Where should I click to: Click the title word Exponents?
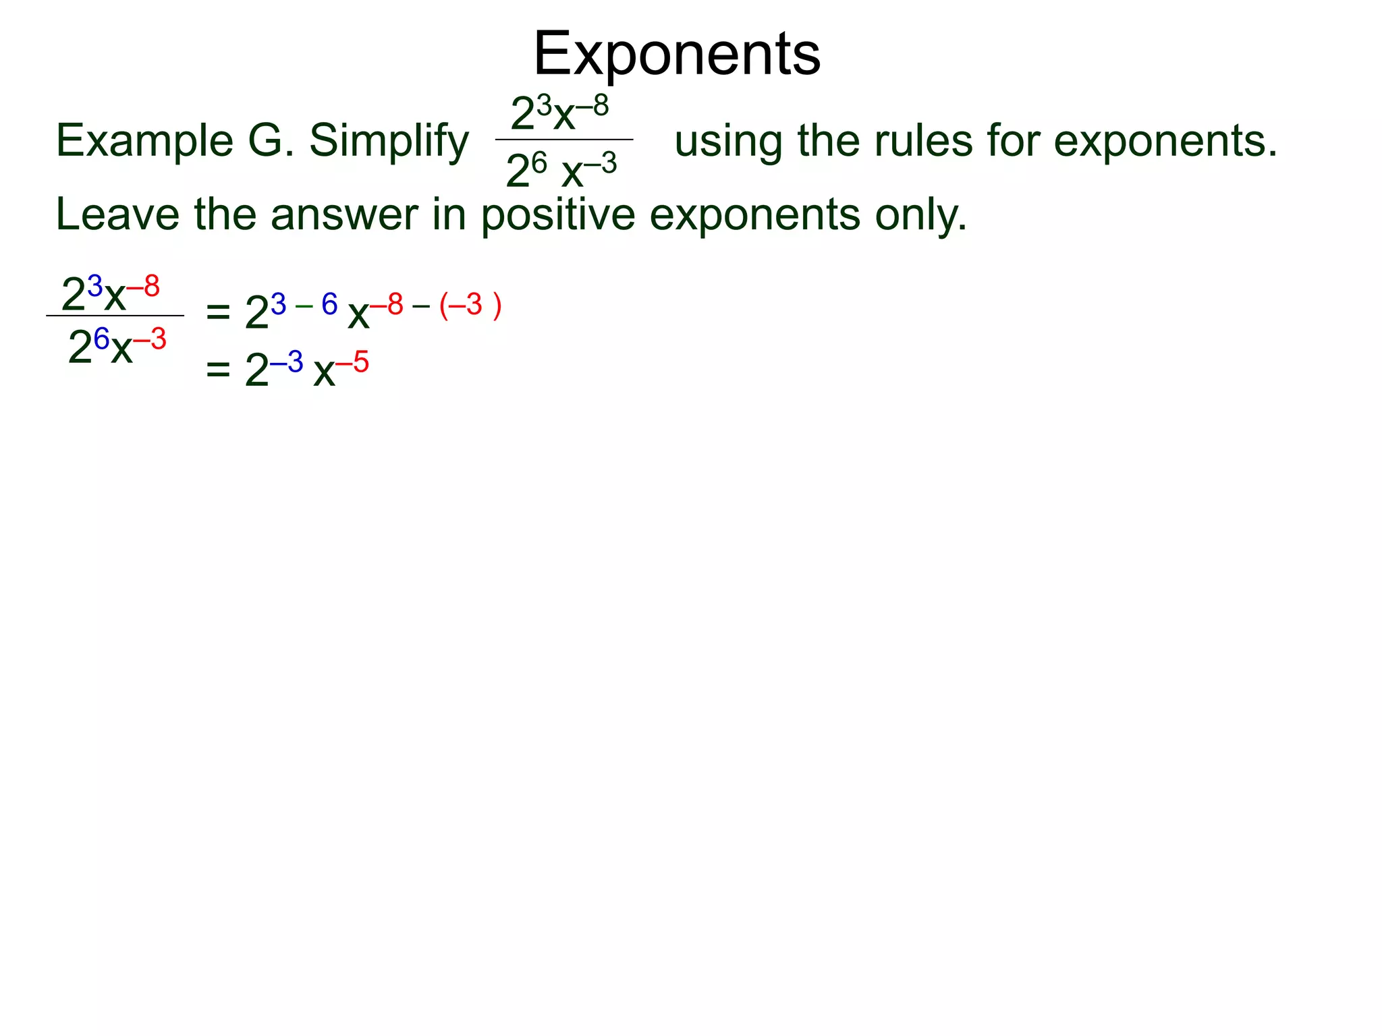(x=677, y=54)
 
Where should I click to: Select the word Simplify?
(x=389, y=142)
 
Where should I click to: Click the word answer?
(x=345, y=214)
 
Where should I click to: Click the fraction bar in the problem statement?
(x=564, y=140)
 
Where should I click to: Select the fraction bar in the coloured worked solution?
(x=115, y=315)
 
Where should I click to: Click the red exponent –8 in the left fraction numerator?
(x=144, y=287)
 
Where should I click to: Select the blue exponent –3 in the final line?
(x=287, y=362)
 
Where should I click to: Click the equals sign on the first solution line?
(x=218, y=312)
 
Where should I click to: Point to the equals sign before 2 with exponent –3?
(x=218, y=369)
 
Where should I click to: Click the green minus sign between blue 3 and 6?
(x=304, y=306)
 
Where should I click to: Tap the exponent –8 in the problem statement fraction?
(x=592, y=106)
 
